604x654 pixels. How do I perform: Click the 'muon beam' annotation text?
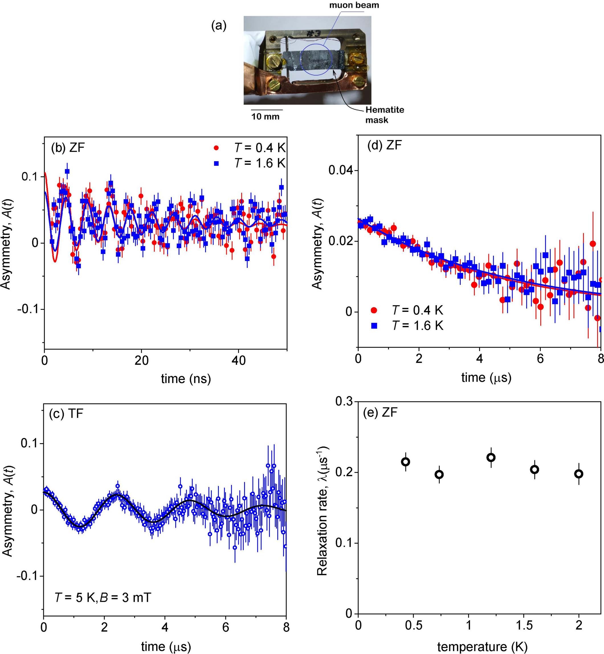coord(354,5)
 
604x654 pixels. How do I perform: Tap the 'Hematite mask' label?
coord(384,115)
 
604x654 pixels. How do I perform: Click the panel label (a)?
coord(219,25)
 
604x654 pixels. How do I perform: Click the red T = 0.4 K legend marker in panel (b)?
coord(216,148)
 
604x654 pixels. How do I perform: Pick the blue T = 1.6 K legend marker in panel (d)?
coord(374,325)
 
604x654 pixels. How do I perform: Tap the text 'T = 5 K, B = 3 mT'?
coord(102,598)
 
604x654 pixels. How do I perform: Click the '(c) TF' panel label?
coord(66,414)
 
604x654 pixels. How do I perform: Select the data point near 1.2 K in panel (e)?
coord(491,457)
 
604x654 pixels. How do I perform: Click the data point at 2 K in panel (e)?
coord(579,474)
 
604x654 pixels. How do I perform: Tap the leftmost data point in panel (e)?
coord(406,462)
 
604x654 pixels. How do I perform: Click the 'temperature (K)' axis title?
coord(482,647)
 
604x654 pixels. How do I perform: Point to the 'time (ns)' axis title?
coord(186,379)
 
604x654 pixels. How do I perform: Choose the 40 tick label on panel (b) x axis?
coord(238,360)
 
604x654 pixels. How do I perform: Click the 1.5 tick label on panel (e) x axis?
coord(524,625)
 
